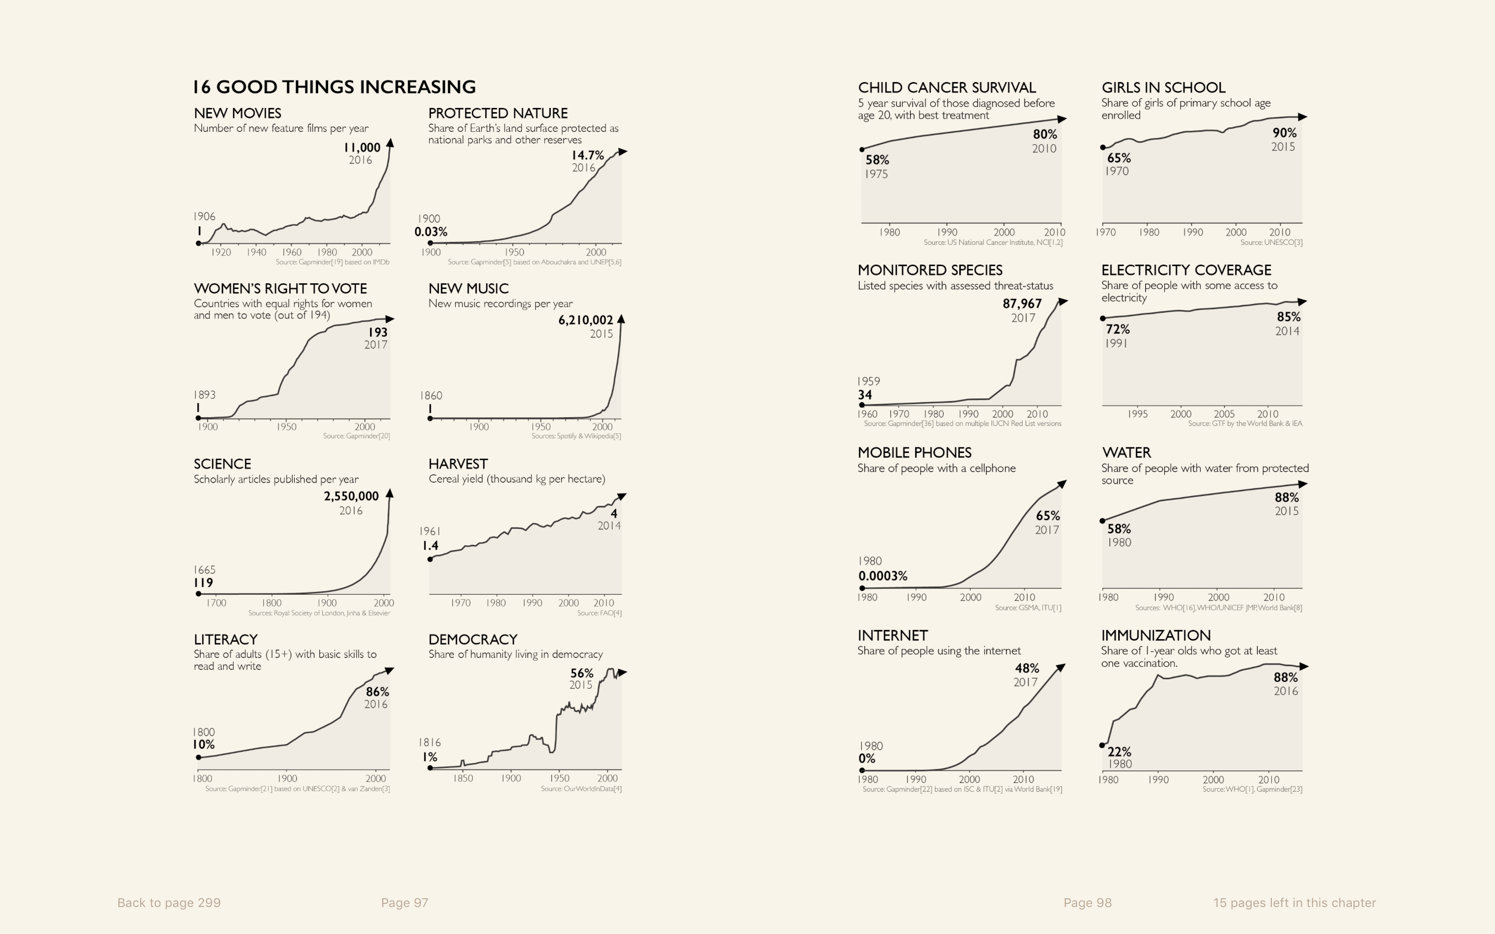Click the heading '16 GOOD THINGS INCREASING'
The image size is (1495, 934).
[x=334, y=87]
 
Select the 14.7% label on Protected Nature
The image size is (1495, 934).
[x=588, y=155]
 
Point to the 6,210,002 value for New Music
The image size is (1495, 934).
[x=586, y=320]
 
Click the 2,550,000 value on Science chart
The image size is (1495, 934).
[x=351, y=496]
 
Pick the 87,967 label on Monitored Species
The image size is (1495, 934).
[x=1022, y=304]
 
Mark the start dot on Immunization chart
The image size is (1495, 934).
[x=1102, y=745]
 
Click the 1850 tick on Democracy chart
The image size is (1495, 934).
[x=463, y=778]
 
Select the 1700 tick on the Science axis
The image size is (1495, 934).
[x=216, y=603]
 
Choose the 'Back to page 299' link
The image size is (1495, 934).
[x=169, y=902]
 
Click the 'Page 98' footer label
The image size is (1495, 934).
[x=1088, y=902]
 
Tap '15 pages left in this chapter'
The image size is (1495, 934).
[x=1294, y=902]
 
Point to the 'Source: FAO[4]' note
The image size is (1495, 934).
[x=599, y=613]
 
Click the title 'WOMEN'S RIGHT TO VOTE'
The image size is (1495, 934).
[x=280, y=289]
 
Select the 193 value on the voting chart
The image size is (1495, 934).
[x=377, y=332]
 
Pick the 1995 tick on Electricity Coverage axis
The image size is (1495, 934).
[x=1137, y=414]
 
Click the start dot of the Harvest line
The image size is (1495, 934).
[x=430, y=559]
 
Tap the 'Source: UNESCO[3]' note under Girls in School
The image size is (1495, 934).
[x=1271, y=243]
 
